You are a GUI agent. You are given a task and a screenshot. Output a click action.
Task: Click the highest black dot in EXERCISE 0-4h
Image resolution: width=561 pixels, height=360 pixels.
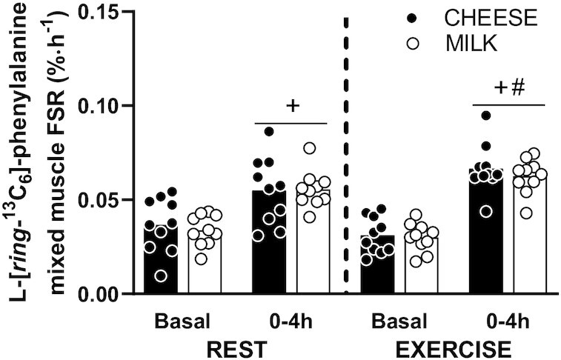[x=485, y=116]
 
